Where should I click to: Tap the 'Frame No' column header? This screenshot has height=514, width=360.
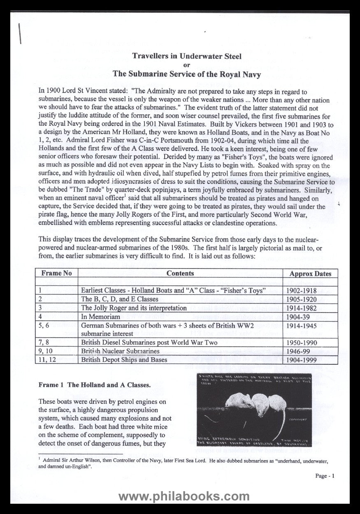(x=57, y=273)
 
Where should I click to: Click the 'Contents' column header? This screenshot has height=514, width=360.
(x=180, y=273)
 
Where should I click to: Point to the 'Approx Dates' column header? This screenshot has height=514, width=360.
(x=310, y=273)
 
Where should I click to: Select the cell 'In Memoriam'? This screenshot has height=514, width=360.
(x=101, y=317)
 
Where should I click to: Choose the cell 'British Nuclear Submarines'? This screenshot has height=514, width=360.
(x=120, y=351)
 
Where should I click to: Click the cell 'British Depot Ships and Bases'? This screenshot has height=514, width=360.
(x=124, y=359)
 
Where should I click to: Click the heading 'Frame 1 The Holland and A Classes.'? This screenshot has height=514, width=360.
(x=95, y=385)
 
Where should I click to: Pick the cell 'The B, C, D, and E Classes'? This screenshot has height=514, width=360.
(x=119, y=299)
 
